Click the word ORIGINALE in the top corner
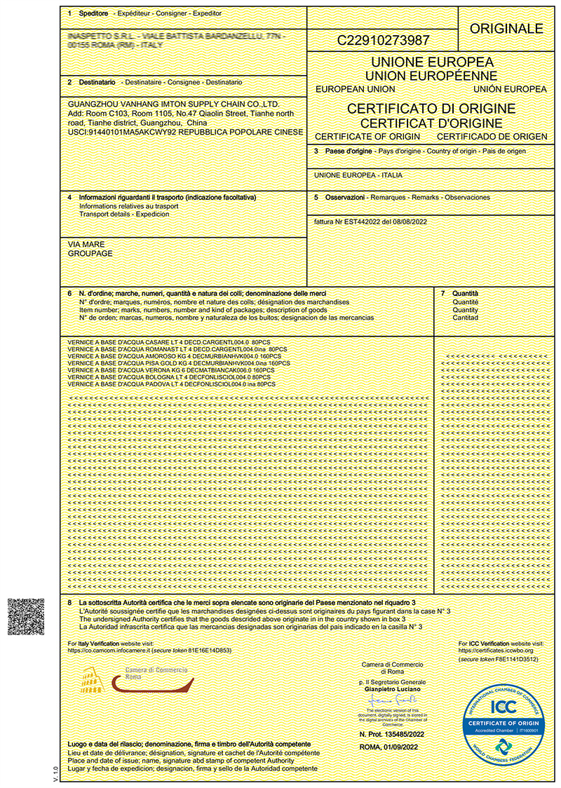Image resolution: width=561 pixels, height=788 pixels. tap(506, 29)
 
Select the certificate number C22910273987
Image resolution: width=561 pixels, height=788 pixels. tap(384, 41)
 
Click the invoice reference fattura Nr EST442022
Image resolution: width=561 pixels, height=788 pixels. tap(370, 222)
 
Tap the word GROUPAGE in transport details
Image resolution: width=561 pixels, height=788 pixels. tap(90, 253)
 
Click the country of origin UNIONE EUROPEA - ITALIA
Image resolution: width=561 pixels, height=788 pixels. tap(358, 175)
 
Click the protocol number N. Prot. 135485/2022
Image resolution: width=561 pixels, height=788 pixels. tap(392, 734)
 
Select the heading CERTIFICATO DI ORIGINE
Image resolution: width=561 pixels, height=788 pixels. tap(431, 109)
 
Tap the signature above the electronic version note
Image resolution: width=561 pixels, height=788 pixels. tap(392, 701)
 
